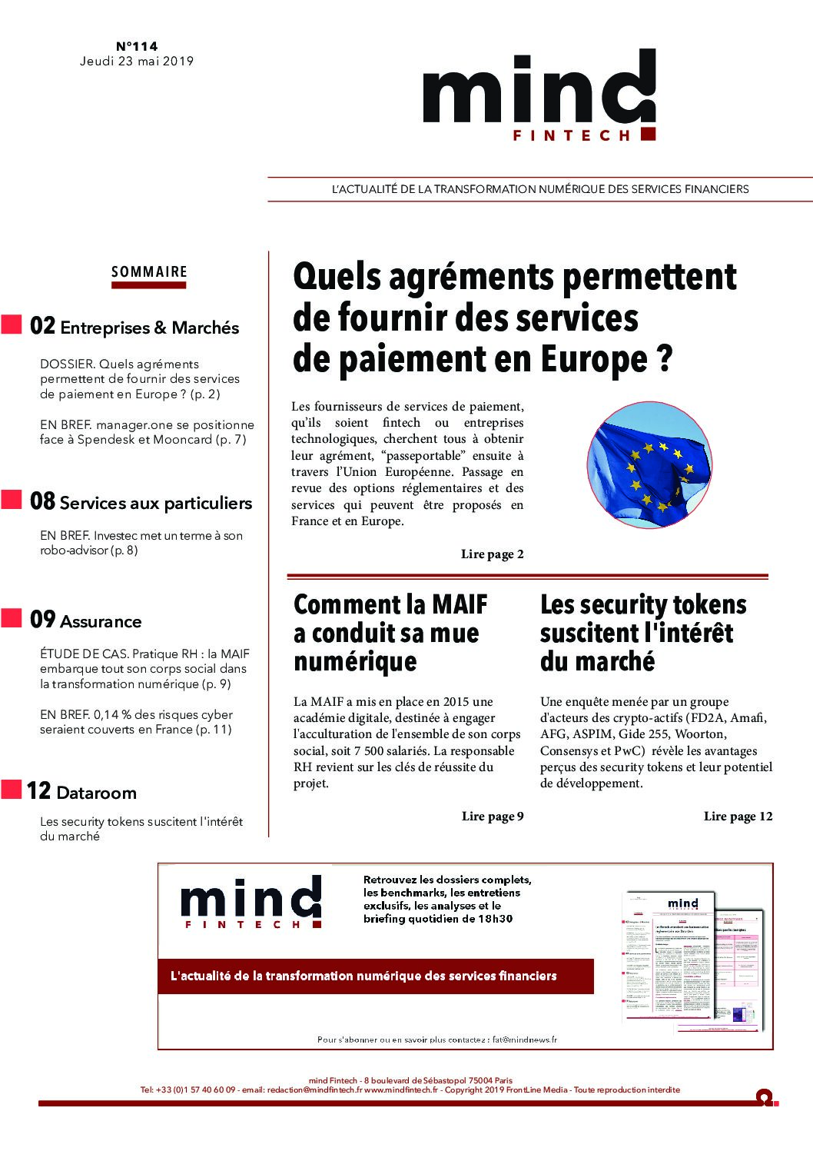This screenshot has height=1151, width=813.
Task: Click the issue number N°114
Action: [x=137, y=46]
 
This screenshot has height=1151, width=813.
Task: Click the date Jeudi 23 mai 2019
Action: [x=137, y=62]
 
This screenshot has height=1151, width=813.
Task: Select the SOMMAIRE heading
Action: [x=149, y=272]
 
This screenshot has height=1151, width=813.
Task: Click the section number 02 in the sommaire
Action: [x=43, y=327]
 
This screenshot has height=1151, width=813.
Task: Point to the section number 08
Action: [x=43, y=502]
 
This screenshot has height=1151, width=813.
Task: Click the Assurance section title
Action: [x=101, y=622]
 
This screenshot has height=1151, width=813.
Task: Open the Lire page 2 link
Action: [x=493, y=554]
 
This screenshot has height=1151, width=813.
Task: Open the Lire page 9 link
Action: [x=493, y=817]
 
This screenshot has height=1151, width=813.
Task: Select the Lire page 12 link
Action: [x=738, y=817]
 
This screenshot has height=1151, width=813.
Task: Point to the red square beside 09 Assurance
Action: [x=12, y=618]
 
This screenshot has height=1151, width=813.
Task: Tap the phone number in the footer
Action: [x=188, y=1089]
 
